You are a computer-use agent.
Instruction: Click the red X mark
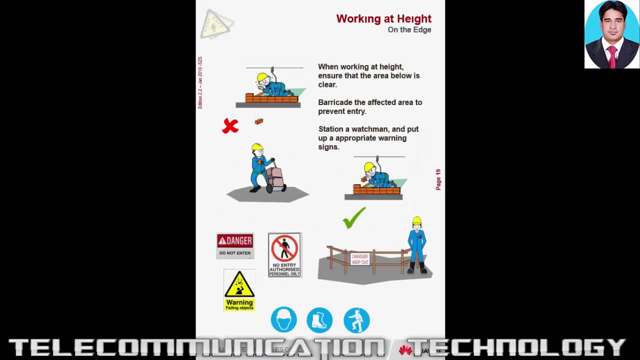[x=230, y=126]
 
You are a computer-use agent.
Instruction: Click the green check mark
[x=354, y=218]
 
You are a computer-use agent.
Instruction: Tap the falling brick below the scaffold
[x=258, y=121]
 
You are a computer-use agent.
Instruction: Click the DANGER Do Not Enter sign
[x=235, y=245]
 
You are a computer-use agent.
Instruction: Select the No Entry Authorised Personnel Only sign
[x=284, y=255]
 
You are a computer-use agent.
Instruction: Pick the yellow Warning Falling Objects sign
[x=239, y=290]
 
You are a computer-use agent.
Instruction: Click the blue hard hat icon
[x=283, y=319]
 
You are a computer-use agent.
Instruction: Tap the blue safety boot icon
[x=319, y=320]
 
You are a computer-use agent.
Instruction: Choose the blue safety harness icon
[x=356, y=320]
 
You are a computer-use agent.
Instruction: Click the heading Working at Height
[x=383, y=19]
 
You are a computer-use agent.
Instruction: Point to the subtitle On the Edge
[x=409, y=30]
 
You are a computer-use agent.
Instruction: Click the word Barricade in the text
[x=335, y=102]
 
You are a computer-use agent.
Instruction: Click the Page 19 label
[x=438, y=179]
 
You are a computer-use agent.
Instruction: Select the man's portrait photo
[x=612, y=34]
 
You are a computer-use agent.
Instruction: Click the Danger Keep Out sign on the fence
[x=360, y=259]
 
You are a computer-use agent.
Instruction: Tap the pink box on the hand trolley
[x=275, y=176]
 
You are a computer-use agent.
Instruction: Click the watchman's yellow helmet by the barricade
[x=417, y=221]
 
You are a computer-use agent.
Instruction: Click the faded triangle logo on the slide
[x=216, y=24]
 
